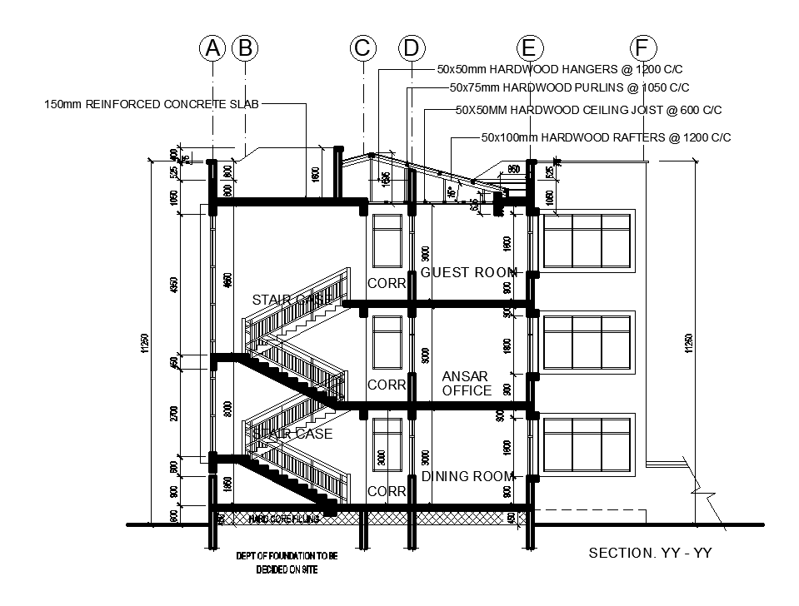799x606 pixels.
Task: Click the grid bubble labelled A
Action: [213, 48]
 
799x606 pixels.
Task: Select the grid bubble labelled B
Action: [245, 48]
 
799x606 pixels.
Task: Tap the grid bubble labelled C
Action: [362, 48]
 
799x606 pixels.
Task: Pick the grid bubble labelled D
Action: [411, 48]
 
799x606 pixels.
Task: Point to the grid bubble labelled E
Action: [529, 48]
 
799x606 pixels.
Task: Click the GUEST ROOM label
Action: [468, 272]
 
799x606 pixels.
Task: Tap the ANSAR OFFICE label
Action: [467, 384]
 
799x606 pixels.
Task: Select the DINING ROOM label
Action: [467, 476]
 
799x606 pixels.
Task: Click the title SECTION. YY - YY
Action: [650, 553]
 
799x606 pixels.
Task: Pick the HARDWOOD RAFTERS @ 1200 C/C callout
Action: [606, 137]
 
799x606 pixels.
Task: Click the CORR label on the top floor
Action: [387, 284]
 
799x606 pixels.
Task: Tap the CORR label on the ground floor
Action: [387, 491]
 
